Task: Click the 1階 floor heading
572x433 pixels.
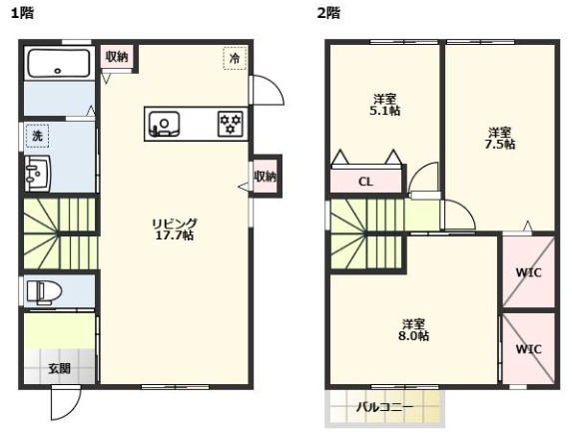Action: point(21,13)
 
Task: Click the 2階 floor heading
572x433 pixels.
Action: point(329,13)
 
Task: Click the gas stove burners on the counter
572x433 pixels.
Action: point(231,124)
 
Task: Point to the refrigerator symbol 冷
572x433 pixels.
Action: point(235,59)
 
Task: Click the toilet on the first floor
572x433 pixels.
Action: point(44,291)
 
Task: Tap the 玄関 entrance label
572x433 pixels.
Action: point(60,368)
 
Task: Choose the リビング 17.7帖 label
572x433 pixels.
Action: point(174,229)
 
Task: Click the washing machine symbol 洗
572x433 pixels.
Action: point(37,134)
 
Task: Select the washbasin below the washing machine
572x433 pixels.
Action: point(38,173)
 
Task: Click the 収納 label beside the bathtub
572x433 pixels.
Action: point(117,57)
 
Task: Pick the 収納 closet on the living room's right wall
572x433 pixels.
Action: point(265,177)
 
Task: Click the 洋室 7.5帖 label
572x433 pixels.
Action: point(500,138)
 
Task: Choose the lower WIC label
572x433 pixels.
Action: point(528,349)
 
